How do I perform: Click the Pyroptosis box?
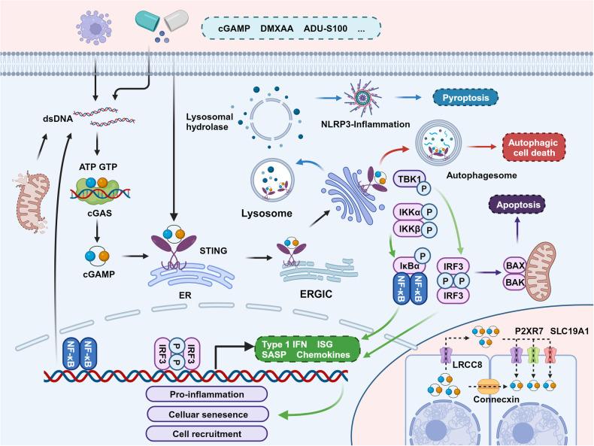click(x=466, y=99)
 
